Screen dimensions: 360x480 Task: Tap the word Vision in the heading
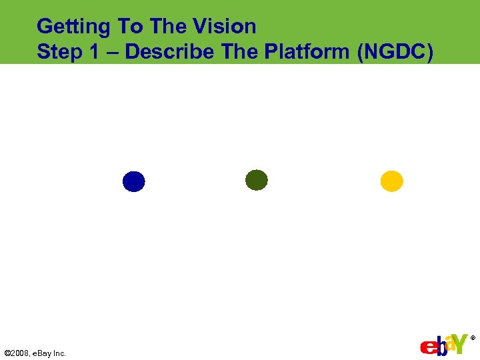click(x=225, y=27)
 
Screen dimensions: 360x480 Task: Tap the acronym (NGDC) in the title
click(x=396, y=52)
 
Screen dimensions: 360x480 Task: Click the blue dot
click(x=133, y=181)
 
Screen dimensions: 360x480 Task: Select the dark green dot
click(x=257, y=180)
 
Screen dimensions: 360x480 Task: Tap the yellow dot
click(x=391, y=181)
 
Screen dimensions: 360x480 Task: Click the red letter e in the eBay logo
click(x=427, y=348)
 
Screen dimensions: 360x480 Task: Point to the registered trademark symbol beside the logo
click(x=473, y=339)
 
